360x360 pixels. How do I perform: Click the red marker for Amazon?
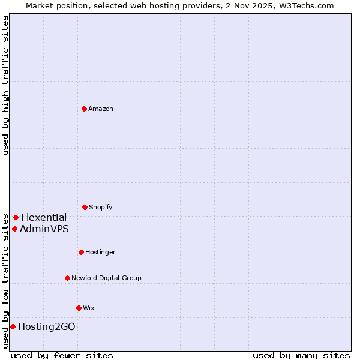(84, 109)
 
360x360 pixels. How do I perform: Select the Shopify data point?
(85, 207)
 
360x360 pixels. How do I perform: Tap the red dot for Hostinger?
(81, 252)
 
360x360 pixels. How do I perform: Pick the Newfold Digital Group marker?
(67, 278)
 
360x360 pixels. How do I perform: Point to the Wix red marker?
(79, 308)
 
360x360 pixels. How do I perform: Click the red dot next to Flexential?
(16, 217)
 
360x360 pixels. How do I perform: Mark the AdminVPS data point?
(14, 229)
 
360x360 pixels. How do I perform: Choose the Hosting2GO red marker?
(13, 326)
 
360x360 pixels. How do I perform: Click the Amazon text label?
(101, 109)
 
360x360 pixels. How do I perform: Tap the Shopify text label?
(101, 208)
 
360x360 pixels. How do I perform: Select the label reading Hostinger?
(100, 253)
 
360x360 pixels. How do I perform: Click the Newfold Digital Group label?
(106, 278)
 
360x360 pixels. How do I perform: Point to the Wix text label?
(89, 308)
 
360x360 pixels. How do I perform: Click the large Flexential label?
(44, 217)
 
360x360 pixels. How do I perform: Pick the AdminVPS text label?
(44, 229)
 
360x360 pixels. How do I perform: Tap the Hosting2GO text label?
(47, 326)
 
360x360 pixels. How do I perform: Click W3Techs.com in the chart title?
(309, 5)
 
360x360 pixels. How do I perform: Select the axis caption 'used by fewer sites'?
(62, 355)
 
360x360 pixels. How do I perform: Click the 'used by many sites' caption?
(301, 355)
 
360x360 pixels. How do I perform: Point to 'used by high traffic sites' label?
(5, 86)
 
